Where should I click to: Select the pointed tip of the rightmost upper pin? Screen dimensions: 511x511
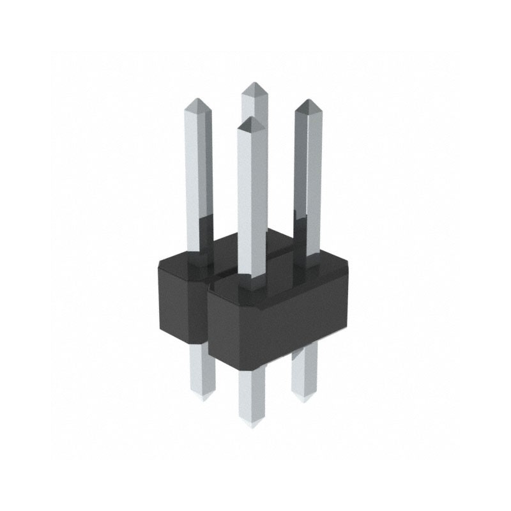(307, 101)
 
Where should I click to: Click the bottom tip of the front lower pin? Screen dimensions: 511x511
(251, 425)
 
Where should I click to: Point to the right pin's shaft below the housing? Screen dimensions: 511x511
(304, 370)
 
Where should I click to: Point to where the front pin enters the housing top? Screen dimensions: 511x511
(251, 281)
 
